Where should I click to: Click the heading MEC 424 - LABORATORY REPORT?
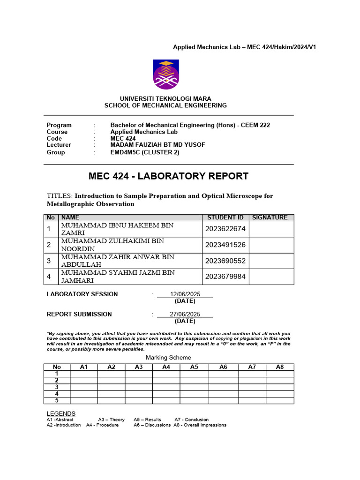tap(168, 176)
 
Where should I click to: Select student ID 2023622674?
tap(225, 229)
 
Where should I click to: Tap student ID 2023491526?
tap(225, 245)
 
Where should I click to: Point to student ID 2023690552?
tap(225, 261)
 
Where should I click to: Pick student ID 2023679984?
tap(225, 277)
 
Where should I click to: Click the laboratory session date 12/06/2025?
tap(185, 294)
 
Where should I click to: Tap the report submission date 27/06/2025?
tap(185, 314)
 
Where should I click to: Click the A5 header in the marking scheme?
tap(194, 367)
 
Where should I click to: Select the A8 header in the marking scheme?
tap(280, 367)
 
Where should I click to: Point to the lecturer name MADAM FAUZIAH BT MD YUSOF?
tap(157, 145)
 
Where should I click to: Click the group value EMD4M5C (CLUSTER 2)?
tap(144, 152)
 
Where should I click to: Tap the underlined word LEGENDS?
tap(61, 413)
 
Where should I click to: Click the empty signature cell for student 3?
tap(271, 261)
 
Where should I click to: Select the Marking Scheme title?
tap(168, 358)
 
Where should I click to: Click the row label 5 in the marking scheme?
tap(57, 400)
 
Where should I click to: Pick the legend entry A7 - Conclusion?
tap(192, 420)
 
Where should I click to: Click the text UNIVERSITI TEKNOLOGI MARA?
tap(165, 99)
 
